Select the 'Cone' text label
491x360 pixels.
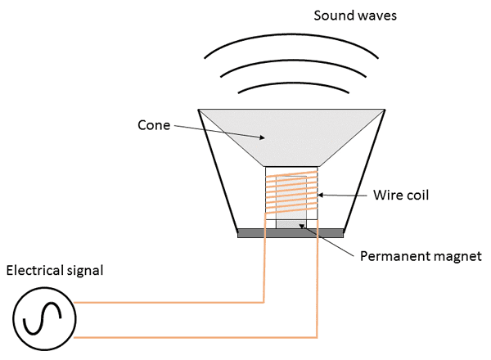(154, 125)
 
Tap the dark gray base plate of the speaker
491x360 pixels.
(291, 233)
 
